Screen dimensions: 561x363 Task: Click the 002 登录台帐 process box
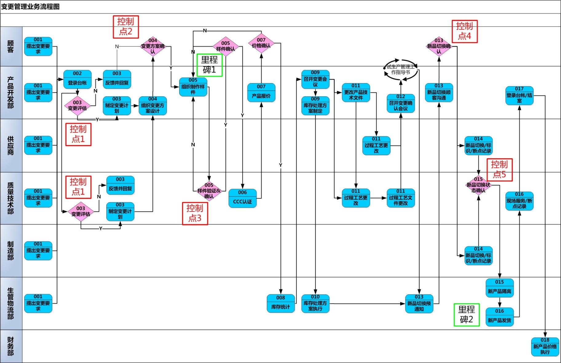point(77,79)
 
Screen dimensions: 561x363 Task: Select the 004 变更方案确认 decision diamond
point(153,46)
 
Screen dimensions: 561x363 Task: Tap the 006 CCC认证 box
point(243,198)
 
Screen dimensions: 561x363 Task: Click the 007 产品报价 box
point(261,93)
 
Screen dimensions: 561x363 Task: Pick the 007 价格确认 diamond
point(261,43)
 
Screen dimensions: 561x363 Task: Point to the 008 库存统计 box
point(281,304)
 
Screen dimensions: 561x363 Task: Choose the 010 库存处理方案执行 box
point(315,304)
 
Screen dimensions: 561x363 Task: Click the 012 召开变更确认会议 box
point(401,103)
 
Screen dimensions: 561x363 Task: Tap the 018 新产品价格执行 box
point(545,347)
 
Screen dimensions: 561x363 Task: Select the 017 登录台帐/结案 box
point(520,95)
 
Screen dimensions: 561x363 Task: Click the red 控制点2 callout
point(126,27)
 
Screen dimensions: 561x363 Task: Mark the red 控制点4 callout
point(464,31)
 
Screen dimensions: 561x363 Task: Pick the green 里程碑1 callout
point(209,65)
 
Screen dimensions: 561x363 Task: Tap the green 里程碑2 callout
point(467,315)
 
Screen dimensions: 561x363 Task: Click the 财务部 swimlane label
point(11,346)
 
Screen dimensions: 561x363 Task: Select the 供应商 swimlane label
point(11,145)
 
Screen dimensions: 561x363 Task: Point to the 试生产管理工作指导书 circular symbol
point(401,70)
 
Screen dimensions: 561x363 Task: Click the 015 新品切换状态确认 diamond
point(478,185)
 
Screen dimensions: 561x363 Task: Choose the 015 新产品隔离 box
point(500,288)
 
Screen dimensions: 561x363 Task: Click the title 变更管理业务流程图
point(30,6)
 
